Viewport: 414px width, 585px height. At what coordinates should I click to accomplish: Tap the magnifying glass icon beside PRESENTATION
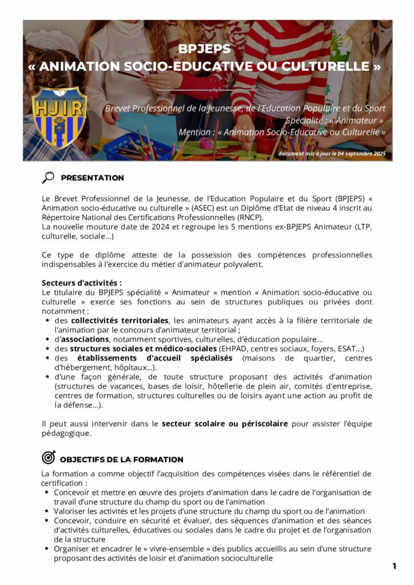(x=48, y=177)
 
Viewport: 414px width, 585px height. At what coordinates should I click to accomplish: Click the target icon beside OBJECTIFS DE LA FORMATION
(x=49, y=458)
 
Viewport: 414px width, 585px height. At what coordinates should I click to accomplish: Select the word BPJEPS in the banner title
(x=204, y=49)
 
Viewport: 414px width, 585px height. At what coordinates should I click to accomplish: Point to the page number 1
(x=394, y=566)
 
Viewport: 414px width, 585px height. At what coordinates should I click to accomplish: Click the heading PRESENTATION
(x=92, y=178)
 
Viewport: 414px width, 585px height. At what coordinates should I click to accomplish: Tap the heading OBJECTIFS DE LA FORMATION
(x=121, y=459)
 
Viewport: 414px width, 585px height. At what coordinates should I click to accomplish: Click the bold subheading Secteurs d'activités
(x=81, y=283)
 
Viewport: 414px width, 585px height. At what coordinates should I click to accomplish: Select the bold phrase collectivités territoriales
(x=120, y=320)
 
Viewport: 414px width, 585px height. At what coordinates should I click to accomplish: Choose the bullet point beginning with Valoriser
(x=209, y=511)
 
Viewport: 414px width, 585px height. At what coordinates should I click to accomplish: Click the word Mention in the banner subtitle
(x=194, y=132)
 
